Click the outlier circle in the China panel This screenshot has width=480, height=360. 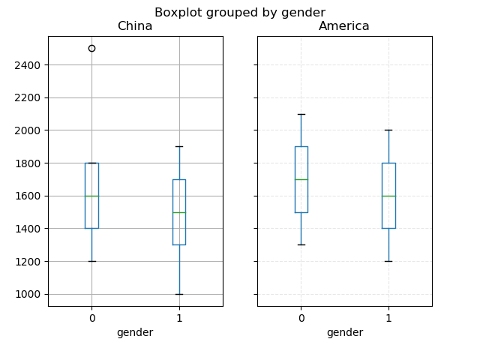91,48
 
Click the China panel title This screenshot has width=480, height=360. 135,26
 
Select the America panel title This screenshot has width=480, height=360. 344,26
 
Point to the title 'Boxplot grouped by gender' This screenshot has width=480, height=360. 240,13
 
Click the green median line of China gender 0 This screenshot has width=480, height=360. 91,196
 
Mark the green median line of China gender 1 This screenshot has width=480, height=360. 178,212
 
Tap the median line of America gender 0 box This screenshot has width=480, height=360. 301,179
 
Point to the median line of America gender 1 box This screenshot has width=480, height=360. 388,196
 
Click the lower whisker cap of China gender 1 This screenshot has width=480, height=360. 178,294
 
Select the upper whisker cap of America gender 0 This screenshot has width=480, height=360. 301,114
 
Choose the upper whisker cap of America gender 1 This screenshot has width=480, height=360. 388,130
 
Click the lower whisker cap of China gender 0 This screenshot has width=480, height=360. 91,261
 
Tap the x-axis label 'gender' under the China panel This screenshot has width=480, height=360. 135,332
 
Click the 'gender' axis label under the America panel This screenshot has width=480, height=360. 344,332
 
